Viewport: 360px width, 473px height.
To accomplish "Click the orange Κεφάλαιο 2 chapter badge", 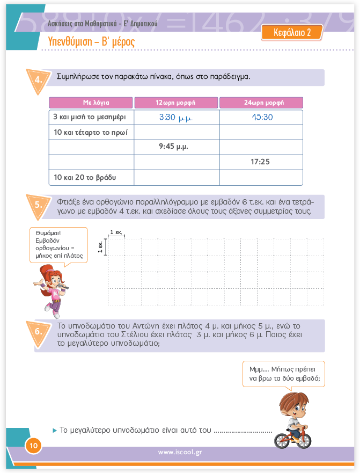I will (292, 33).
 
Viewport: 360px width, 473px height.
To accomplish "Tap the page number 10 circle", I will (33, 445).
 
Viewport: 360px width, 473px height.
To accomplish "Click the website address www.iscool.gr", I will (179, 453).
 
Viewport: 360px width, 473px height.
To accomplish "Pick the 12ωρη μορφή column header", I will (176, 103).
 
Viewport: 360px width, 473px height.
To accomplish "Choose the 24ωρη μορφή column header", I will (261, 103).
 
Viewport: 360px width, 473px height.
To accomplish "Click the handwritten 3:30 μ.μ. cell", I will (176, 117).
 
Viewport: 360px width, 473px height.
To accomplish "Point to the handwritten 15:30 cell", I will (261, 117).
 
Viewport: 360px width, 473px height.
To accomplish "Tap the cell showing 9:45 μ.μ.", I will (176, 147).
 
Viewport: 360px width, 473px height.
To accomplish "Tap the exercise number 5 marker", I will (39, 205).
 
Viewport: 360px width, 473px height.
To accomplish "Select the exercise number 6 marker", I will (39, 331).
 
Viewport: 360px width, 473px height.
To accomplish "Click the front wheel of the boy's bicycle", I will (304, 439).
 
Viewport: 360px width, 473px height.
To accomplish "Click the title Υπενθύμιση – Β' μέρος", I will (91, 42).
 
